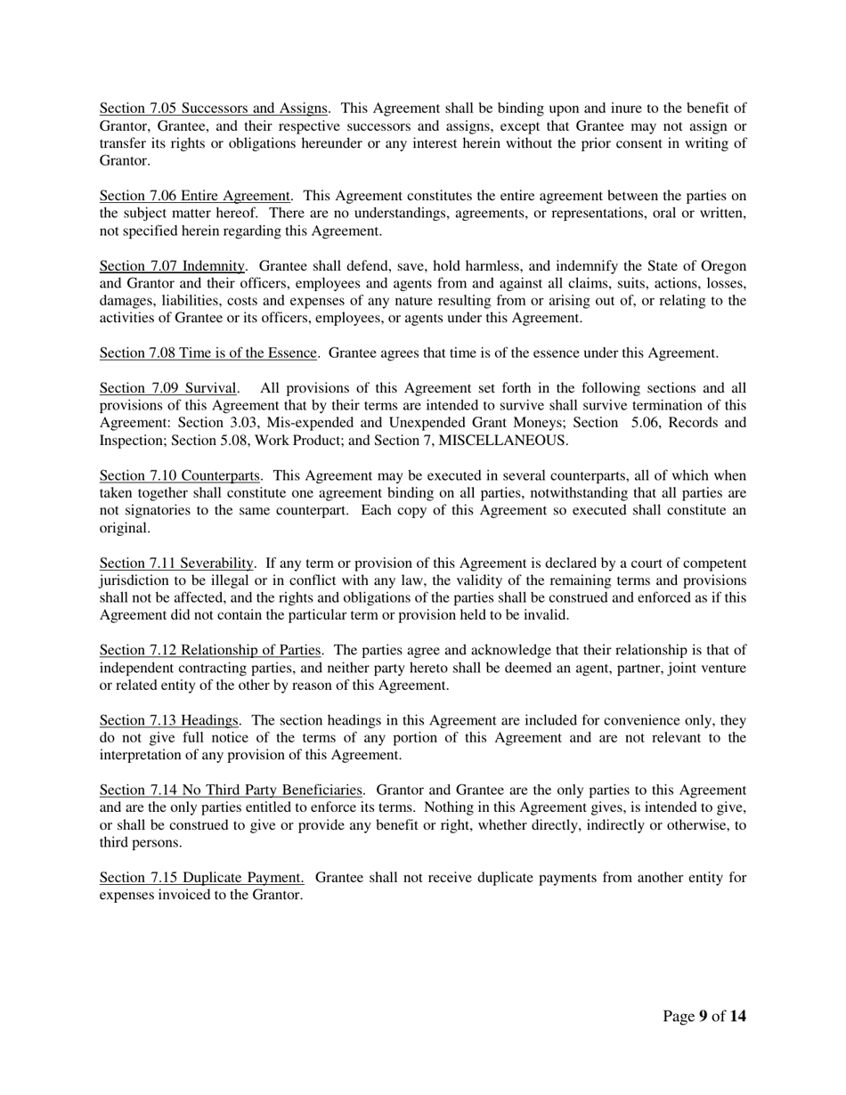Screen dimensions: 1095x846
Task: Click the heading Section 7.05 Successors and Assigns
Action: [213, 109]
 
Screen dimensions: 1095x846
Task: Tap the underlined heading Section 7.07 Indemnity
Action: [172, 266]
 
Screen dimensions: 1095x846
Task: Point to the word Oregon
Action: [723, 266]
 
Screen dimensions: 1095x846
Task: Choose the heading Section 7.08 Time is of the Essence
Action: [207, 353]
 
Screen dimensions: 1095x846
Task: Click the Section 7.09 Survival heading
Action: [168, 388]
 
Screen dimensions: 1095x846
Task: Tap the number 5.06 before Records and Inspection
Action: [646, 423]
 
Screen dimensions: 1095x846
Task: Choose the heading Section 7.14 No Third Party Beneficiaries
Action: [231, 791]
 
